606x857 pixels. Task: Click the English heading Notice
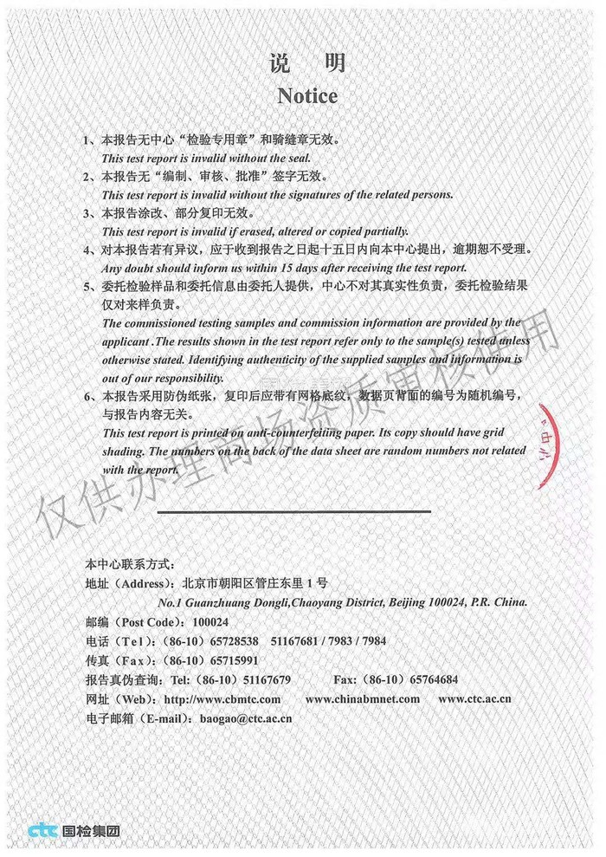[x=307, y=95]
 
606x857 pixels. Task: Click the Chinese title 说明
[x=307, y=62]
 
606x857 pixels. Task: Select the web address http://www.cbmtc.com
[x=222, y=699]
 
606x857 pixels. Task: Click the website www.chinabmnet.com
[x=363, y=699]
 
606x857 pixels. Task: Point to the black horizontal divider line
[x=294, y=511]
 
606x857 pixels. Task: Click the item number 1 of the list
[x=87, y=140]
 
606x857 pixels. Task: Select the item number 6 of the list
[x=87, y=397]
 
